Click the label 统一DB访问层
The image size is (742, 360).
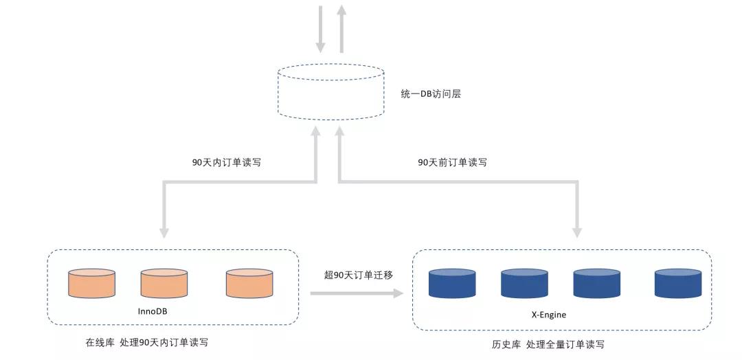431,93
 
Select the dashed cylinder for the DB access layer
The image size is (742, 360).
330,91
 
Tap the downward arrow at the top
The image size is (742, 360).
320,30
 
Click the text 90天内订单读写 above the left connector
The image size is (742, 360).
226,163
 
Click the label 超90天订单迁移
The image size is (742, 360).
359,275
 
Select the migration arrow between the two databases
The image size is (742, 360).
357,293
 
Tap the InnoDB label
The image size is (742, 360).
153,311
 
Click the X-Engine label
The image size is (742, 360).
548,315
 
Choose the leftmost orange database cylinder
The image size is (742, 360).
92,283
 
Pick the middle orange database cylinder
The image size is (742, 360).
164,283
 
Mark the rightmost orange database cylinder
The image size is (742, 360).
249,283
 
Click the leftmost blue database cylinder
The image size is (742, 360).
452,283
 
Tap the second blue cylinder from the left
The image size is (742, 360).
524,283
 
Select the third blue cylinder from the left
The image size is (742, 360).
596,283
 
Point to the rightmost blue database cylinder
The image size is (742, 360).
677,283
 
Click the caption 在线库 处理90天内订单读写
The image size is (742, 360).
146,341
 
